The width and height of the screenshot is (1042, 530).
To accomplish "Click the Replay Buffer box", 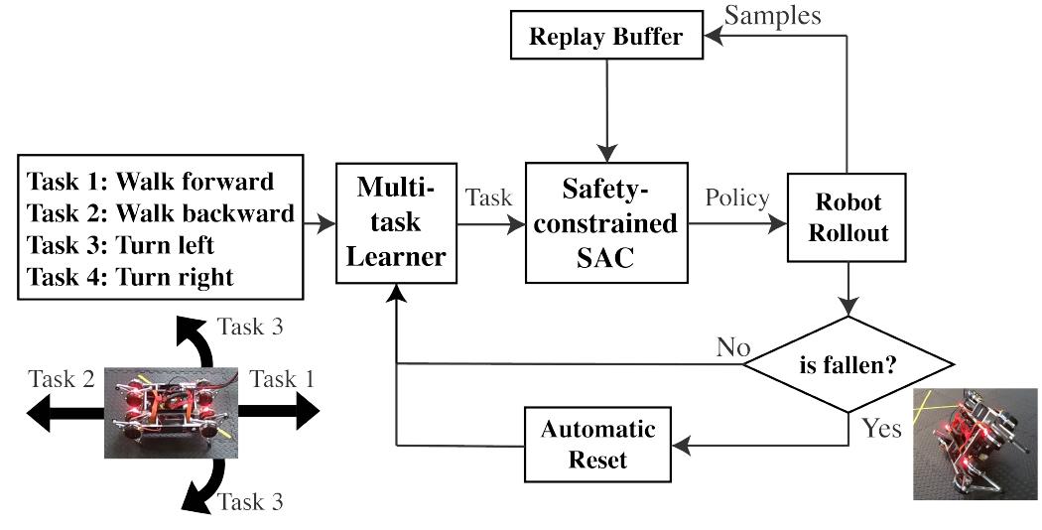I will pos(606,39).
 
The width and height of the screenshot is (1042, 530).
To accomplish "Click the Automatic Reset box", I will pos(597,446).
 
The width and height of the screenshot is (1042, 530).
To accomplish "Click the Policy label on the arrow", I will pos(735,198).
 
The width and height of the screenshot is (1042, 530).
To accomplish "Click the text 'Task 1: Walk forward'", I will pos(150,182).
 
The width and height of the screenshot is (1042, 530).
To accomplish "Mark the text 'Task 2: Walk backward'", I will pos(160,212).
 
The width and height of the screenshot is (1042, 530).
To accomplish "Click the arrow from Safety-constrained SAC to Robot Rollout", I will pos(733,224).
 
